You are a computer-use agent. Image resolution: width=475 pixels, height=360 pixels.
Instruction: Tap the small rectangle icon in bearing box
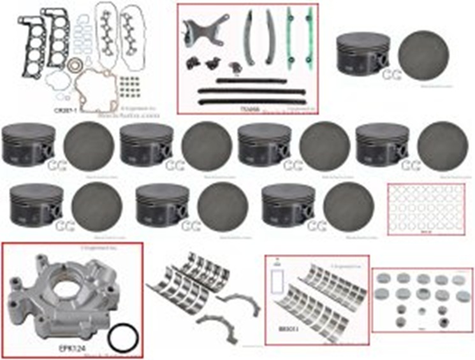coord(278,279)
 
